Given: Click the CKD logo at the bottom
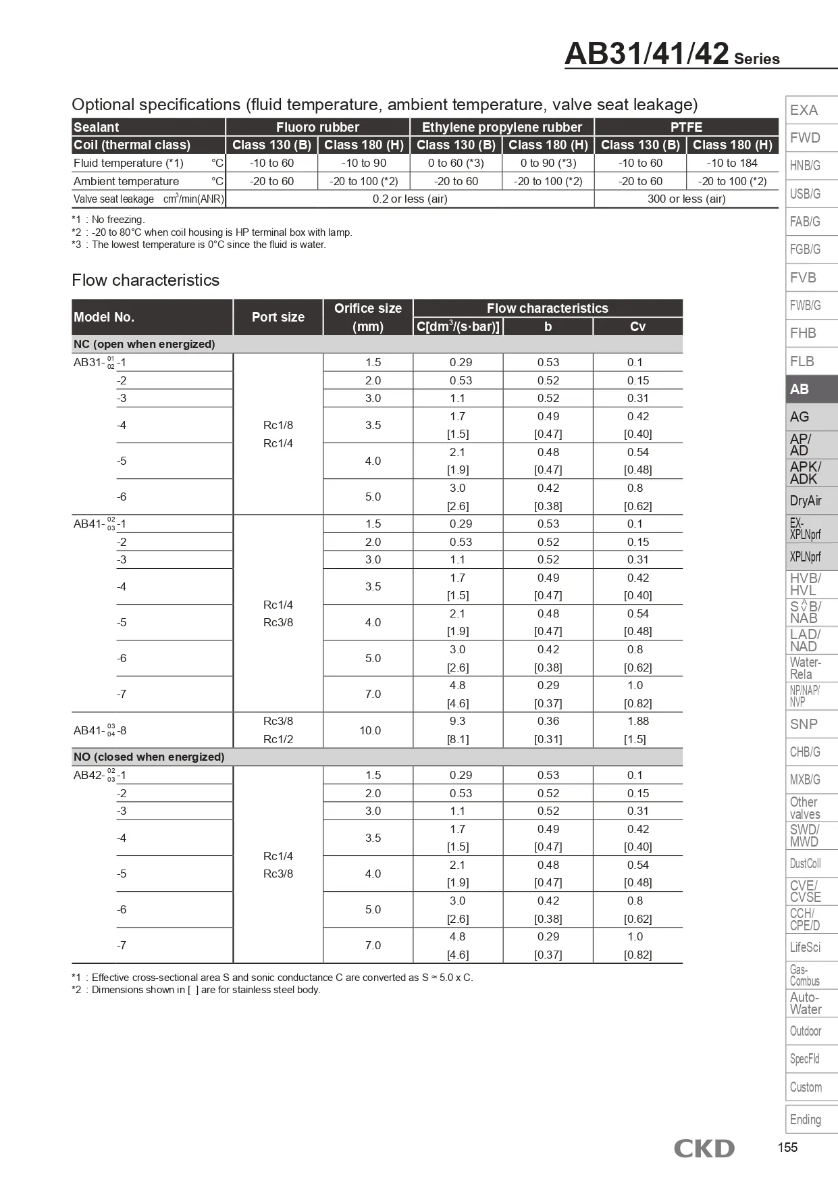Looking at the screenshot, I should [704, 1148].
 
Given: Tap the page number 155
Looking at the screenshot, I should [787, 1147].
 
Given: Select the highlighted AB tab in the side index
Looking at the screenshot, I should [811, 389].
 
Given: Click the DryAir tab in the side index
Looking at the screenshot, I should [811, 501].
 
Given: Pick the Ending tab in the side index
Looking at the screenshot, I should [811, 1119].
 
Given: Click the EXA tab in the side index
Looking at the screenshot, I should [811, 110].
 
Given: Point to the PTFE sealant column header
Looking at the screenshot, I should [686, 127].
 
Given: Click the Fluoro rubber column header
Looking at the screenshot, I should [317, 127].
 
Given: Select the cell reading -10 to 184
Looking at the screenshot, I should [732, 163].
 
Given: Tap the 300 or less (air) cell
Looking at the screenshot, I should [686, 199].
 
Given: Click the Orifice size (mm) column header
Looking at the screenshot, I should [368, 317].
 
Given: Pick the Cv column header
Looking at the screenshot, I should [637, 326].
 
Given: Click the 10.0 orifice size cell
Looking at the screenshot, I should [370, 730].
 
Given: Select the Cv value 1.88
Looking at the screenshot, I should [637, 721].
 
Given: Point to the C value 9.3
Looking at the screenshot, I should [458, 721].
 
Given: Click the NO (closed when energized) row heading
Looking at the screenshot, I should [149, 757].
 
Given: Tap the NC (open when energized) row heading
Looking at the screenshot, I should [145, 344].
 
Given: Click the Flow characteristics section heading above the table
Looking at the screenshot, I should [146, 280].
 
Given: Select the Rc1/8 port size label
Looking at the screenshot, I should [278, 425].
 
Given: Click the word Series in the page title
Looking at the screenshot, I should [756, 59].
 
